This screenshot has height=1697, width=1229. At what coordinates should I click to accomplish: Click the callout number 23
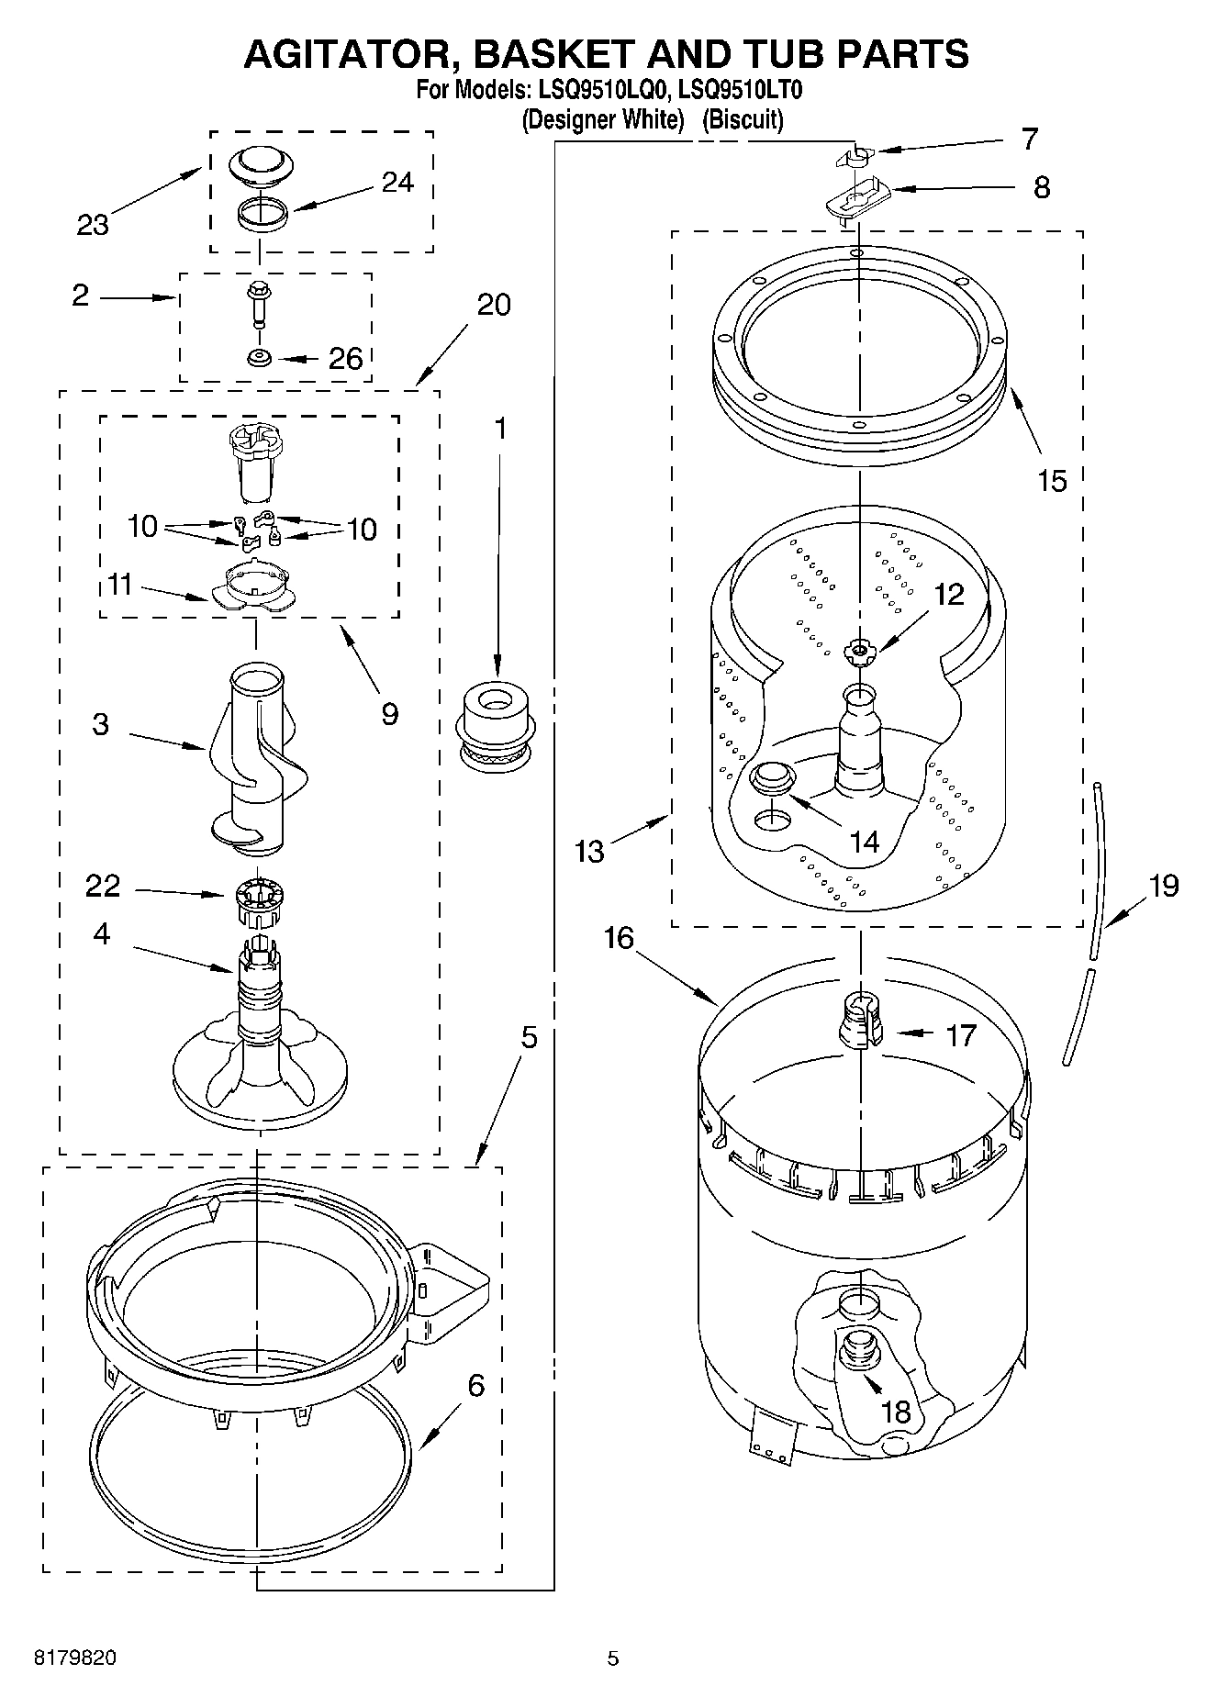pos(93,225)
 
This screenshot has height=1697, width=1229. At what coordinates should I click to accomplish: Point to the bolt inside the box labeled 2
pos(258,304)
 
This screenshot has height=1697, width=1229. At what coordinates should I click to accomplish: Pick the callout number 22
pos(102,886)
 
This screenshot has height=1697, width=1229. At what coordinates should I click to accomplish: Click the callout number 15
pos(1052,480)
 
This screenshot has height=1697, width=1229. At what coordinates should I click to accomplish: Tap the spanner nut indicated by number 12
pos(859,652)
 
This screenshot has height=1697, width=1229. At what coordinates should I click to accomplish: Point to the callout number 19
pos(1163,886)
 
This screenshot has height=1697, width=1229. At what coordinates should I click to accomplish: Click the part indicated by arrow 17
pos(860,1021)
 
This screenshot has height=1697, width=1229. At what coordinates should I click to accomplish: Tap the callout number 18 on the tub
pos(895,1412)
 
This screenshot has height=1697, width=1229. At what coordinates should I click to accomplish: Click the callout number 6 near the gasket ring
pos(475,1385)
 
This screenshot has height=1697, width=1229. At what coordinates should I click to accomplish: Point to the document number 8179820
pos(74,1658)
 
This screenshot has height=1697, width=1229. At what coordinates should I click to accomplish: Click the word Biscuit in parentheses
pos(743,120)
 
